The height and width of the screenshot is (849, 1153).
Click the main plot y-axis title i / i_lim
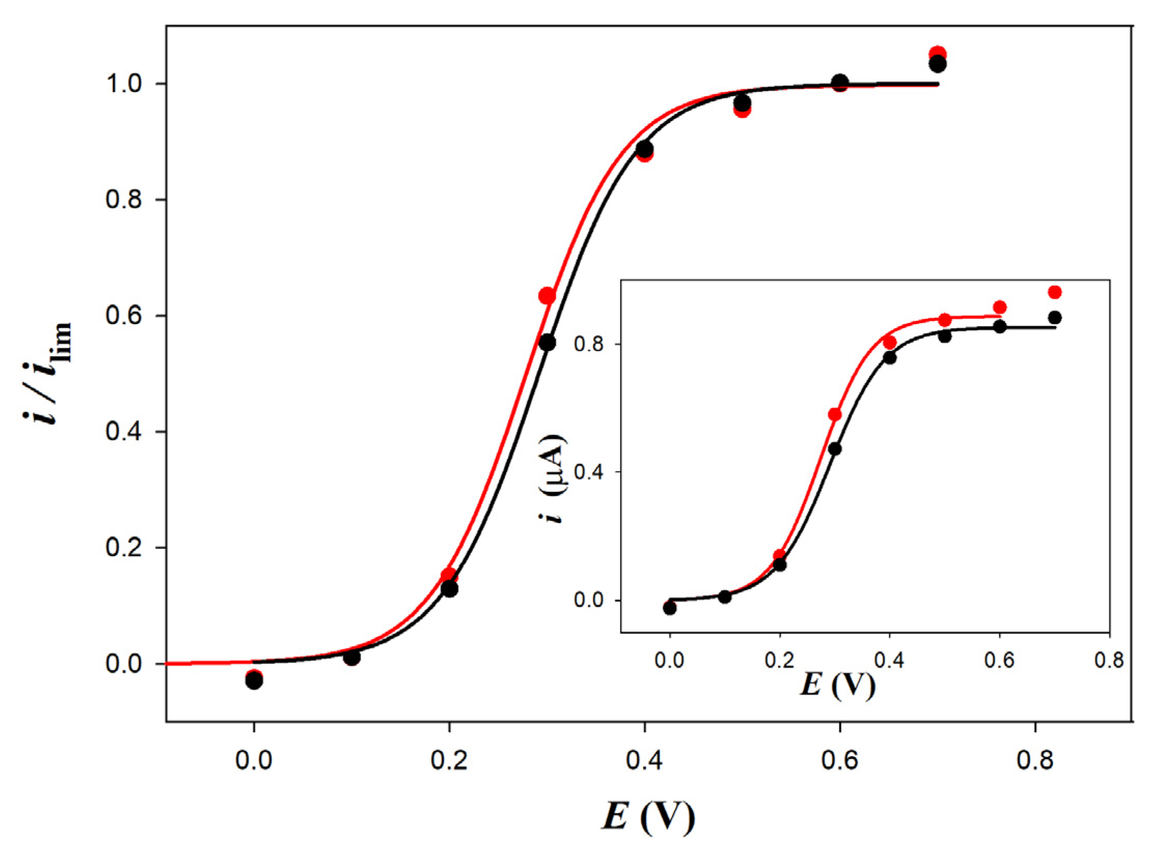pos(48,373)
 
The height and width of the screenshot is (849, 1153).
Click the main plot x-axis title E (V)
pos(648,817)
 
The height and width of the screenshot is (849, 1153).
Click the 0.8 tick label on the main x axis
pos(1035,760)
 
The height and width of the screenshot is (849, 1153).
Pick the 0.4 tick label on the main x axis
pos(644,760)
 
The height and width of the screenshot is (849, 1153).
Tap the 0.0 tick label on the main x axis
pos(253,760)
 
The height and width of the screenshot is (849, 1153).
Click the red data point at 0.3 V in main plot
pos(547,295)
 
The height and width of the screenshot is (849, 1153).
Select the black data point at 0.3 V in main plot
pos(547,343)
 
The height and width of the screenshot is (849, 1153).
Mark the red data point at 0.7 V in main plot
pos(938,54)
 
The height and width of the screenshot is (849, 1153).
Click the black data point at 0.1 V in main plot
pos(352,657)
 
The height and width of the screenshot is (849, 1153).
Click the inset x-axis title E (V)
pos(838,685)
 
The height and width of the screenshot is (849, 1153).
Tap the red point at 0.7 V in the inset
pos(1054,292)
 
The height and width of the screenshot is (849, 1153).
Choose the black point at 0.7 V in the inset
pos(1054,317)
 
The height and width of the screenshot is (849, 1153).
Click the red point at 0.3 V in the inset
pos(834,414)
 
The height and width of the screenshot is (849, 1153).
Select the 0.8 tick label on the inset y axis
pos(589,344)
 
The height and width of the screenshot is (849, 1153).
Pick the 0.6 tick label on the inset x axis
pos(999,661)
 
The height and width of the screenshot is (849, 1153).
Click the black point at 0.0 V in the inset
pos(670,608)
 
